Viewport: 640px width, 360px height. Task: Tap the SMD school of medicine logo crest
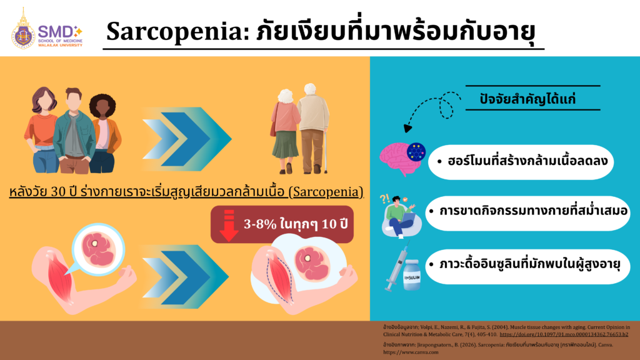23,29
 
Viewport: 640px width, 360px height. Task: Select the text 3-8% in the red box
261,224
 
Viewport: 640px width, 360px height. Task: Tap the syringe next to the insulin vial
394,267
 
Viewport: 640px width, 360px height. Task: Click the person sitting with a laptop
399,214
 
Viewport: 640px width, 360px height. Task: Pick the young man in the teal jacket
74,131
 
